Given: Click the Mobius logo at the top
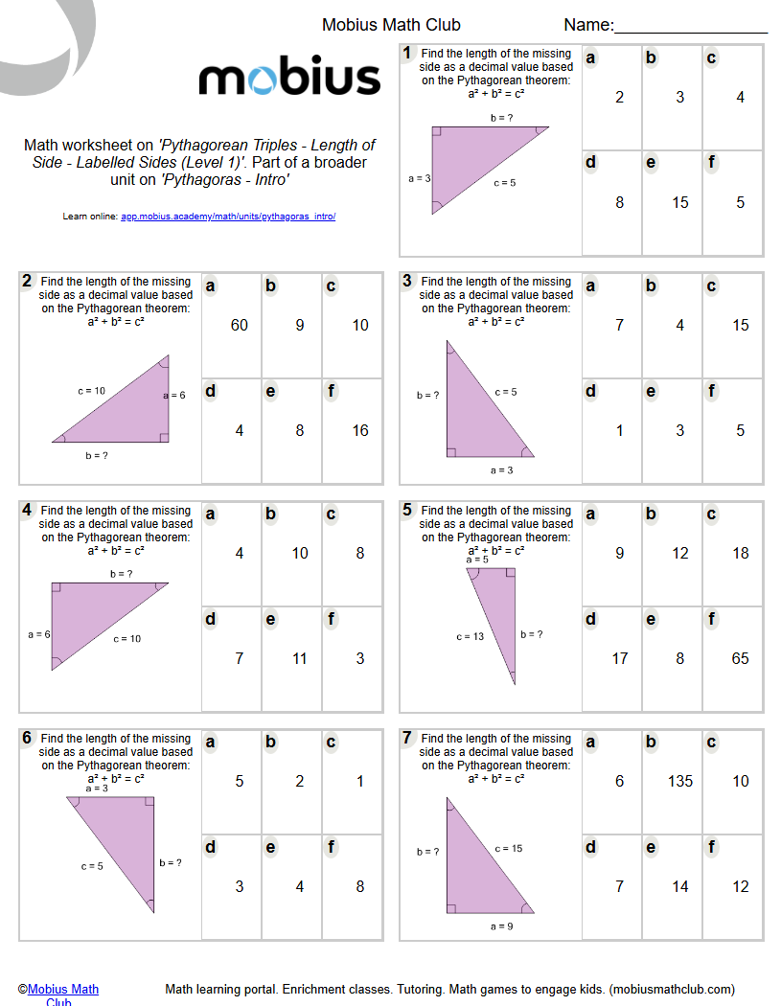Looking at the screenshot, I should [289, 77].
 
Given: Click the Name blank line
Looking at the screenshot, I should [690, 32].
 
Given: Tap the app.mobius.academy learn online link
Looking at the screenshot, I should [228, 217].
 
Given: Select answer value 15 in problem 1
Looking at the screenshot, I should [680, 202].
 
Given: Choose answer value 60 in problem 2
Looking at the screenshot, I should [240, 325].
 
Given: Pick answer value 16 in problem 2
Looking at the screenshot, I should [360, 430].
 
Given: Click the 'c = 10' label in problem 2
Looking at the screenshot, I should [92, 391].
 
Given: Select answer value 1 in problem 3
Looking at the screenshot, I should [620, 430].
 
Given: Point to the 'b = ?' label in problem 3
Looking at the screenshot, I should [427, 395].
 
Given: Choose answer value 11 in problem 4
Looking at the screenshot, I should [300, 658].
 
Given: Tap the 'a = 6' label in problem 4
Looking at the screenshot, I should [39, 634].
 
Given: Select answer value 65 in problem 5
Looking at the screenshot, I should [741, 658].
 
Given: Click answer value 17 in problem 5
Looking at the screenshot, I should [620, 658].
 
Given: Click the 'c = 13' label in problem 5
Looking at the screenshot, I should [471, 637].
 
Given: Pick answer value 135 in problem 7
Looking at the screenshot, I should [680, 781].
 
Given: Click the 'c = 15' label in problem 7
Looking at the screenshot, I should [509, 849].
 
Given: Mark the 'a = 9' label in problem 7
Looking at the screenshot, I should [502, 926].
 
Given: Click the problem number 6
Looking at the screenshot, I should [27, 738].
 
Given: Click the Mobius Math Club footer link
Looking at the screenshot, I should [62, 990].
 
